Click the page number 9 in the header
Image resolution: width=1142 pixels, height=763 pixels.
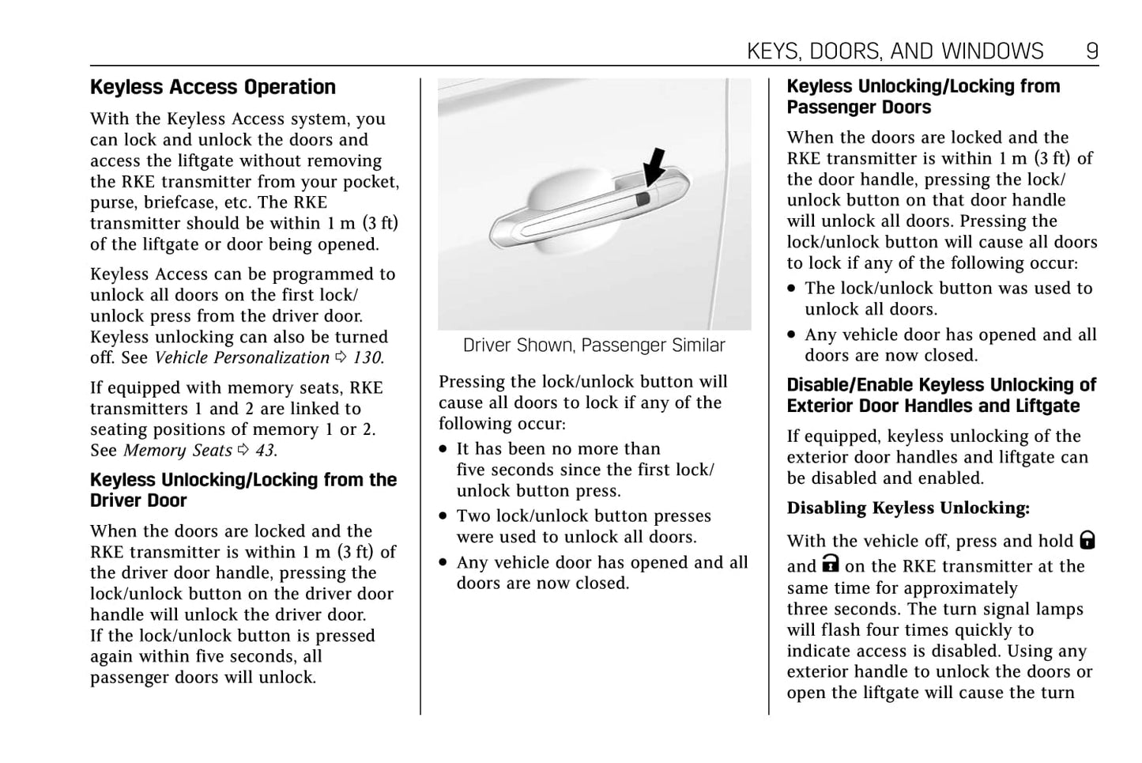coord(1091,51)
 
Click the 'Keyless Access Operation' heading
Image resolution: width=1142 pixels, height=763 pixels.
coord(213,87)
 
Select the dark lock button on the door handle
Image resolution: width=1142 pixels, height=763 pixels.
coord(643,198)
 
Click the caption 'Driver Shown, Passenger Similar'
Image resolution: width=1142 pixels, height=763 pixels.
coord(594,346)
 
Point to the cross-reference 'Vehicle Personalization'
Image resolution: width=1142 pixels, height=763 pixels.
coord(242,358)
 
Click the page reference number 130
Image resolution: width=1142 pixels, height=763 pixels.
coord(367,358)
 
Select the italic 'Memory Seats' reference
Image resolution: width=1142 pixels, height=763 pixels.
coord(178,451)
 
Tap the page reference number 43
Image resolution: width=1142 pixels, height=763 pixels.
coord(265,451)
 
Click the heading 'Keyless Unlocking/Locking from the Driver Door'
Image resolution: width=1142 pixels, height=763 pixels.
coord(243,490)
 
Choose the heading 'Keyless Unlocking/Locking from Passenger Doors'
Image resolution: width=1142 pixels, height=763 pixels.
coord(922,96)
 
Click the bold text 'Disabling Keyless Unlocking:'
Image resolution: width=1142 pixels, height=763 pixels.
coord(908,508)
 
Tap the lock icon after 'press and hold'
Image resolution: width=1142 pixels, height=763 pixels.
coord(1087,541)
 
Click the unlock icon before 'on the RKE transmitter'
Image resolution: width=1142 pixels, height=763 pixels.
coord(830,564)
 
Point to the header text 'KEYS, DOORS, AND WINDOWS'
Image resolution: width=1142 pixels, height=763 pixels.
coord(895,51)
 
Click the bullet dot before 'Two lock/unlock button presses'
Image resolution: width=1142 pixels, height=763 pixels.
coord(444,517)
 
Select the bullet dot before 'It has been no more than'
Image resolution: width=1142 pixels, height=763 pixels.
coord(444,450)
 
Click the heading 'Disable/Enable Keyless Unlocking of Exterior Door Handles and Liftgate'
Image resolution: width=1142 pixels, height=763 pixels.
coord(940,395)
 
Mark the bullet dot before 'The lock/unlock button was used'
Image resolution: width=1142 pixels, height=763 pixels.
coord(792,289)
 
